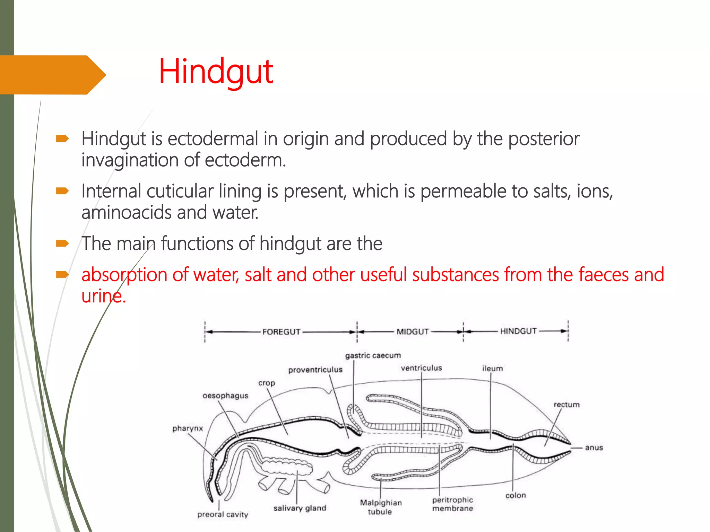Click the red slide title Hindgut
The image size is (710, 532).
[216, 72]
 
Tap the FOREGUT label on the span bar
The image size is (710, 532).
[281, 332]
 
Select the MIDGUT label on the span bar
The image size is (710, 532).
[413, 332]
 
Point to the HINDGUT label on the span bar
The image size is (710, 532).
[518, 331]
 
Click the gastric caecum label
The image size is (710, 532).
[373, 355]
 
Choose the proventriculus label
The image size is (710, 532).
[315, 370]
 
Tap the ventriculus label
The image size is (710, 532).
[421, 368]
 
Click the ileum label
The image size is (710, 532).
[492, 369]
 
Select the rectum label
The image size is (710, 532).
[566, 405]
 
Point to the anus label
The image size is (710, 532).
[594, 447]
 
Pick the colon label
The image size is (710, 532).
[516, 495]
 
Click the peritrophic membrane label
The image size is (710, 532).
[452, 504]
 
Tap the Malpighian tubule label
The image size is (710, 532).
[381, 507]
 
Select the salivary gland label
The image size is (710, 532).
[300, 508]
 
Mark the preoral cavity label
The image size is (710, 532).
[223, 514]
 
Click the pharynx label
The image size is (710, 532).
[188, 428]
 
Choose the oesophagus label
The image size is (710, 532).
[225, 396]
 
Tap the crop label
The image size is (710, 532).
[266, 383]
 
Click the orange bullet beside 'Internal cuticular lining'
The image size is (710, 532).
[62, 191]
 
